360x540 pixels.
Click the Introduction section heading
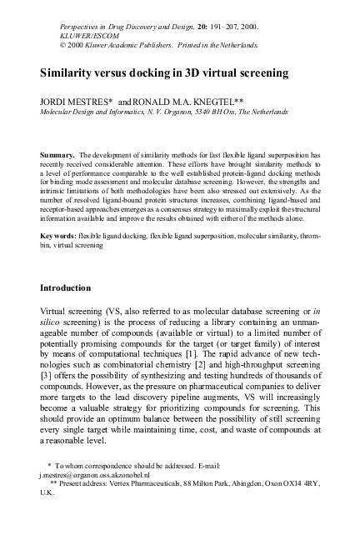pos(77,287)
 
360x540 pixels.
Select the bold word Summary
pos(57,155)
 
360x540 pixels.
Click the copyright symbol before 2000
pos(45,46)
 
